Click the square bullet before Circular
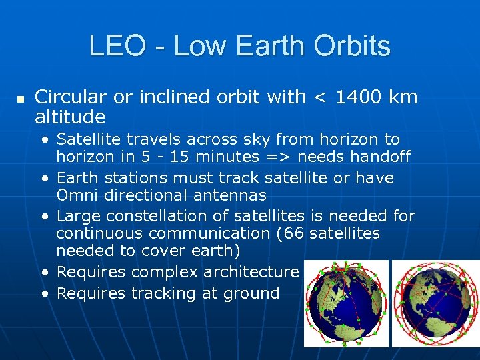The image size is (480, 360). click(20, 99)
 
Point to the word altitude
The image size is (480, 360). click(70, 117)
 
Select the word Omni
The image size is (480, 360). click(77, 195)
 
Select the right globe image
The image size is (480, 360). click(434, 303)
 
